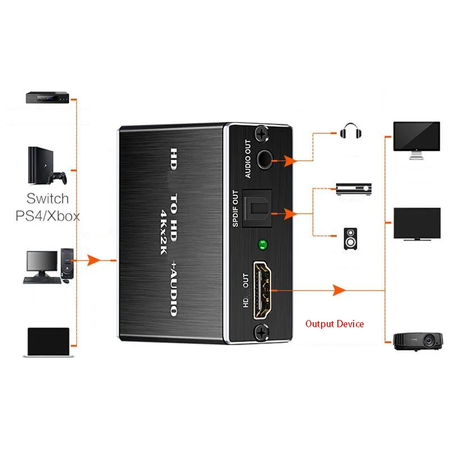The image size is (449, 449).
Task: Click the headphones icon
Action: click(x=352, y=132)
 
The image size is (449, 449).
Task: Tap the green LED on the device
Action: click(x=260, y=244)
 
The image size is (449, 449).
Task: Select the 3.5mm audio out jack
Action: click(x=263, y=160)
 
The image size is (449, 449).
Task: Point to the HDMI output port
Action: click(x=263, y=288)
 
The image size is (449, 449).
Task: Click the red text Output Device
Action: click(x=335, y=324)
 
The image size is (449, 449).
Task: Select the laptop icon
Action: click(x=48, y=343)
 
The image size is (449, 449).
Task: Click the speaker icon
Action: click(x=351, y=239)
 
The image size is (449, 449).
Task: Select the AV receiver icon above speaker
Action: click(x=354, y=188)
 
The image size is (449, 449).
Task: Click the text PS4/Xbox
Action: click(x=48, y=216)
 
